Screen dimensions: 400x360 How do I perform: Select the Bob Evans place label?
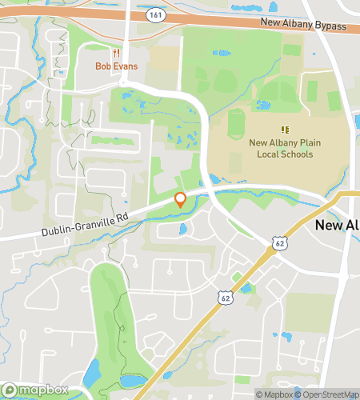117,66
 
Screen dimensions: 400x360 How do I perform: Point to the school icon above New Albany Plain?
283,129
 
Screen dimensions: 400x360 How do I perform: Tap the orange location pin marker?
180,200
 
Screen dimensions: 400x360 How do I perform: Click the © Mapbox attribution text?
274,394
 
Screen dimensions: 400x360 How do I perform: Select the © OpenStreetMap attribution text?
326,394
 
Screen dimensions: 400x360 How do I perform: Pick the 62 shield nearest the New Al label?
278,242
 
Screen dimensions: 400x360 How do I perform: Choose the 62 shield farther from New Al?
226,298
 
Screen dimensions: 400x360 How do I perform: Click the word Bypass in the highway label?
329,27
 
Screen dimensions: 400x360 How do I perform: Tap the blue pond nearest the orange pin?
182,230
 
